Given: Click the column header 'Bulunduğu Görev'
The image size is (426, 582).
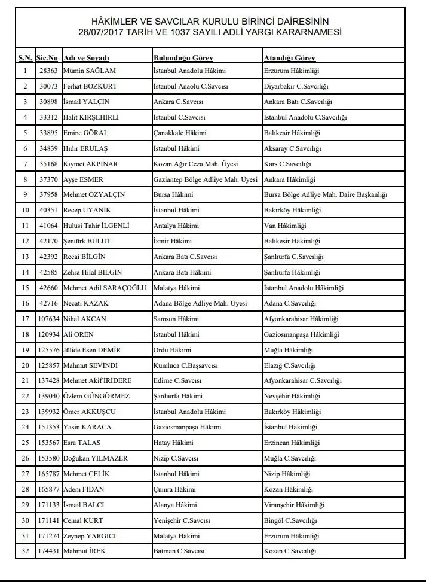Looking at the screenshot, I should pyautogui.click(x=183, y=58).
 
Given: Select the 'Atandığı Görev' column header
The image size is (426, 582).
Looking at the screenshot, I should pyautogui.click(x=289, y=58).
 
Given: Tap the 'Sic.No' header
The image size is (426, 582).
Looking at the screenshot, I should pyautogui.click(x=47, y=58).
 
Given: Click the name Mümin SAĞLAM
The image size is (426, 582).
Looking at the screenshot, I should pyautogui.click(x=88, y=71).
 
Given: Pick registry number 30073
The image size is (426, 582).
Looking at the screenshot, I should pyautogui.click(x=48, y=87).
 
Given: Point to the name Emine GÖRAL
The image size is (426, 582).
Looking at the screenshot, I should pyautogui.click(x=85, y=133).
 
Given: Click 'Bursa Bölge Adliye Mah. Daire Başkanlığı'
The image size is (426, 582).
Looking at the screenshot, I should pyautogui.click(x=326, y=195).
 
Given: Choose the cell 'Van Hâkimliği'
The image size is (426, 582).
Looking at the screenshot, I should pyautogui.click(x=284, y=226).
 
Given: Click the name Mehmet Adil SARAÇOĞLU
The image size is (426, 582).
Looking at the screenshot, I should pyautogui.click(x=105, y=288).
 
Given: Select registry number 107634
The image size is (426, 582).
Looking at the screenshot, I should pyautogui.click(x=48, y=319).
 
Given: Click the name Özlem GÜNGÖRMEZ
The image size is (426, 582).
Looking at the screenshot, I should pyautogui.click(x=96, y=396).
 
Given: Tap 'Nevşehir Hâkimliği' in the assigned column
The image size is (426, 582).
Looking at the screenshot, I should pyautogui.click(x=292, y=396).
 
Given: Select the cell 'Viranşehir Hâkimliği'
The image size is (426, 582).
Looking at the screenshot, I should pyautogui.click(x=294, y=505).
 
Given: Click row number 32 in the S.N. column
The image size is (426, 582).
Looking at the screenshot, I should pyautogui.click(x=25, y=551).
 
